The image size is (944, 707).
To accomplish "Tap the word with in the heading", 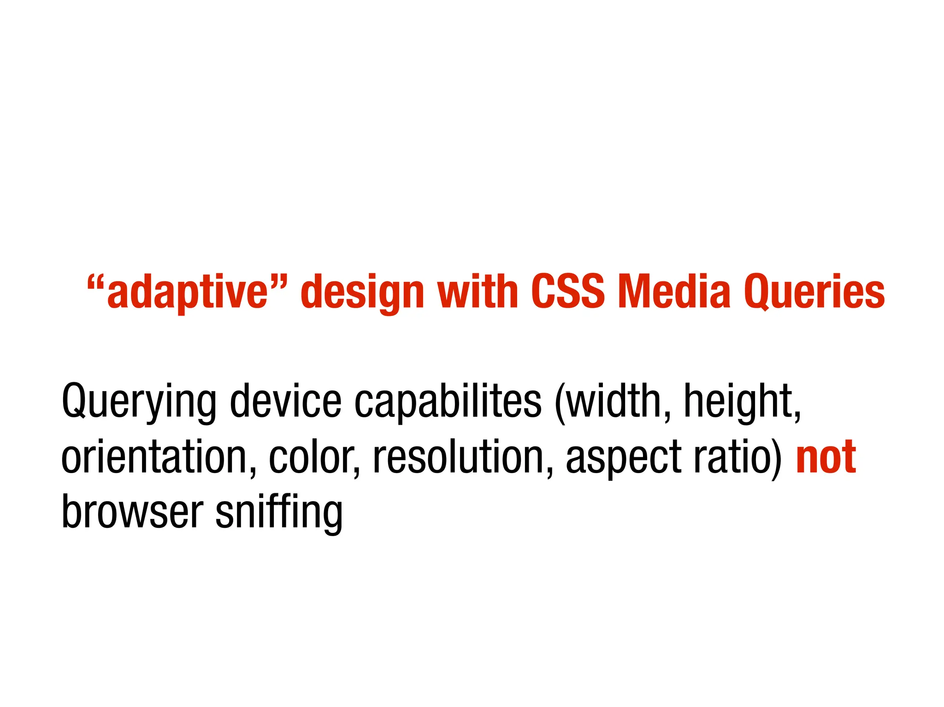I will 478,291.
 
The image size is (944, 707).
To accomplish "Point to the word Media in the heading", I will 674,291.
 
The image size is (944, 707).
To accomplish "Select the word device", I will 286,400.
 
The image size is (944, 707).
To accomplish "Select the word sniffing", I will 279,512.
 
